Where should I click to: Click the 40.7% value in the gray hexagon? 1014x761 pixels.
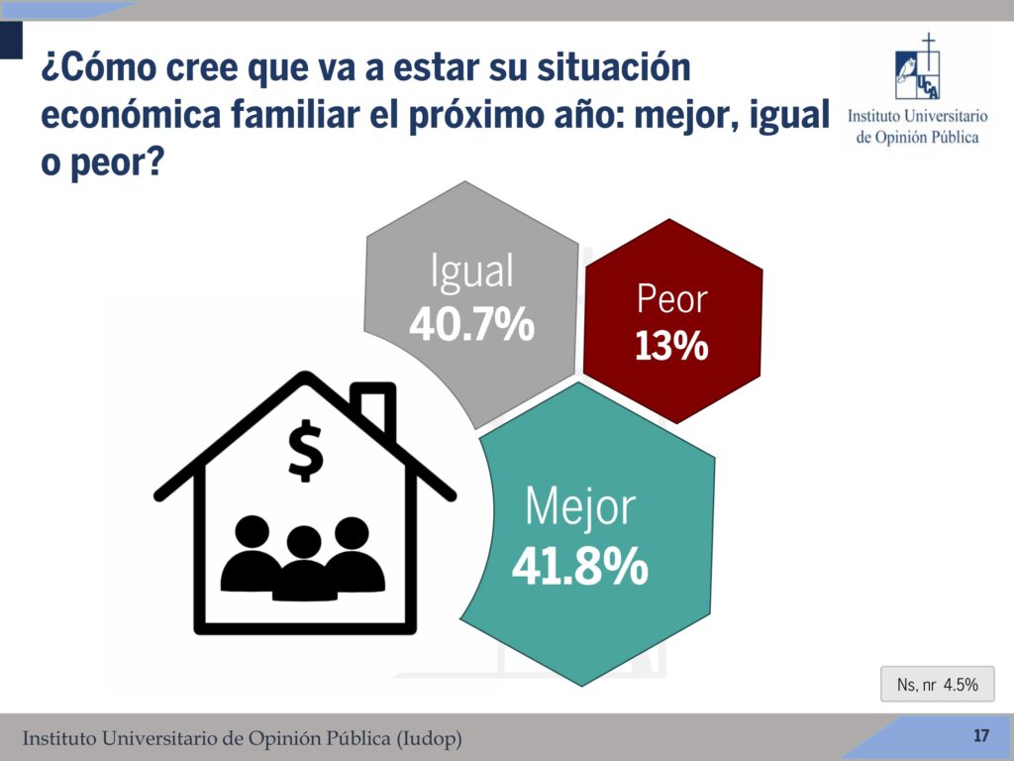pyautogui.click(x=472, y=324)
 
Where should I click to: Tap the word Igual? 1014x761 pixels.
pyautogui.click(x=472, y=271)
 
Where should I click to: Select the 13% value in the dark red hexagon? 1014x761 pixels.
pyautogui.click(x=672, y=346)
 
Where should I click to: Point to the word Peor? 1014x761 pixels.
pyautogui.click(x=672, y=299)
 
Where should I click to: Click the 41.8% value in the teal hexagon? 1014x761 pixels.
pyautogui.click(x=580, y=566)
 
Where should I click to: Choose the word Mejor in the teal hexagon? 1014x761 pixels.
pyautogui.click(x=580, y=506)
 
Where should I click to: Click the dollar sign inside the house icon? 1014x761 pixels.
pyautogui.click(x=305, y=451)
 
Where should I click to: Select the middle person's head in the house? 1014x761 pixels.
pyautogui.click(x=304, y=542)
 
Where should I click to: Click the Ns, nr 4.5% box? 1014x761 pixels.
pyautogui.click(x=937, y=684)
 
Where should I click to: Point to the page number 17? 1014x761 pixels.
pyautogui.click(x=981, y=736)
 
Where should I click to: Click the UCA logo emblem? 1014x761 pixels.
pyautogui.click(x=918, y=66)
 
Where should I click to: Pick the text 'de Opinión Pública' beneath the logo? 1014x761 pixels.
pyautogui.click(x=917, y=137)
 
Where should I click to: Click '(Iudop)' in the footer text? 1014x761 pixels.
pyautogui.click(x=429, y=737)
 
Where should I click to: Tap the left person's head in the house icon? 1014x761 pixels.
pyautogui.click(x=252, y=532)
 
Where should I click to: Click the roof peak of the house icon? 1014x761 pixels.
pyautogui.click(x=305, y=376)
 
